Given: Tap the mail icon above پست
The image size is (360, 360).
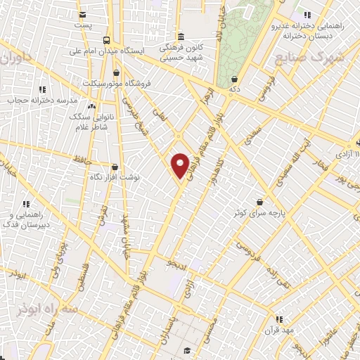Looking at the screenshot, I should point(84,14).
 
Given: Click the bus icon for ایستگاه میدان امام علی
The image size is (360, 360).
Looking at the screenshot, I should point(106,40).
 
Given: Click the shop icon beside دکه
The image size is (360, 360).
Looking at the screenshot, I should point(233,79).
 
